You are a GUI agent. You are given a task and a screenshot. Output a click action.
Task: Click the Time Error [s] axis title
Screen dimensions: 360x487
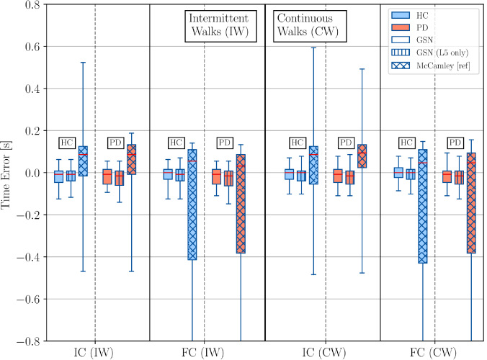8,173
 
